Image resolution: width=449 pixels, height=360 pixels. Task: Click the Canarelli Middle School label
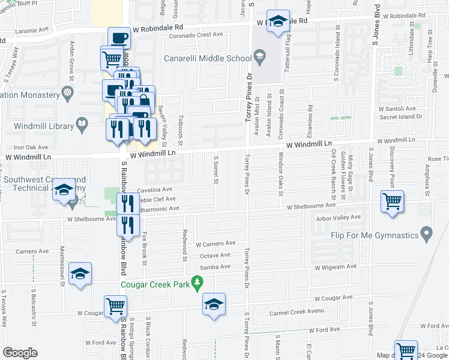(x=207, y=59)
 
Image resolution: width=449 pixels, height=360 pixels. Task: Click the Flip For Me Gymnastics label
(x=374, y=233)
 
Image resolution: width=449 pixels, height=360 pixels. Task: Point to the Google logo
(x=20, y=352)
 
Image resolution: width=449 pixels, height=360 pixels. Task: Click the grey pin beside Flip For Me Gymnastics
(x=427, y=232)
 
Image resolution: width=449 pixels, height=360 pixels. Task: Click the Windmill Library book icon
(x=83, y=125)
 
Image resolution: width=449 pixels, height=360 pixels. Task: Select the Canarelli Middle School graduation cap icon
(x=259, y=58)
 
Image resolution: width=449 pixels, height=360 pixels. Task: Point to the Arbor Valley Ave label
(x=339, y=217)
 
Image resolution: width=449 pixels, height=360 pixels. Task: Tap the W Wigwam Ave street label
(x=334, y=266)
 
